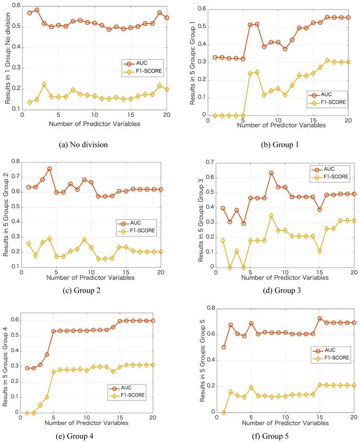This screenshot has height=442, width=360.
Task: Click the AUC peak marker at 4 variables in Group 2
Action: click(49, 169)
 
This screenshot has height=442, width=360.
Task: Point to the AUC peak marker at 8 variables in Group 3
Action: click(271, 173)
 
